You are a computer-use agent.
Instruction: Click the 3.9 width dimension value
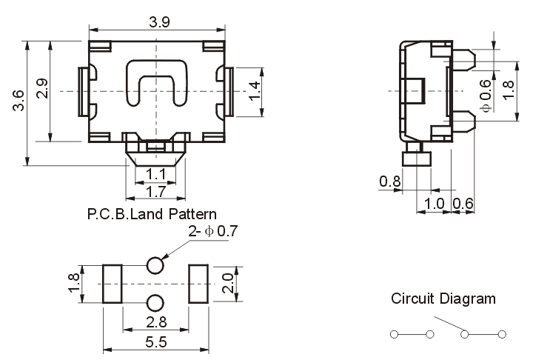click(158, 21)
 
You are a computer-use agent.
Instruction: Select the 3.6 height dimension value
click(19, 100)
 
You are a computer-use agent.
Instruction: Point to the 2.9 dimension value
click(41, 89)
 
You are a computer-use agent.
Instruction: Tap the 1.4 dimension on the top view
click(255, 90)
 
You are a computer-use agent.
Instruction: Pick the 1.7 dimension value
click(155, 192)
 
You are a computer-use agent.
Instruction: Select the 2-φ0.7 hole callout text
click(212, 232)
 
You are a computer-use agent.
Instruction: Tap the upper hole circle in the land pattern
click(155, 265)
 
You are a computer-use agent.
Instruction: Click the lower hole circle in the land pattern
click(155, 302)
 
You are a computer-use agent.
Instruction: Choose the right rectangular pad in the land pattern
click(198, 284)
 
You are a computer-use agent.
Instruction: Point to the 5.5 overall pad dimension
click(155, 343)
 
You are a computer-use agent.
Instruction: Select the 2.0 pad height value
click(228, 282)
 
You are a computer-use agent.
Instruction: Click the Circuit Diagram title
click(443, 299)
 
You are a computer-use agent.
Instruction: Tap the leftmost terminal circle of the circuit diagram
click(394, 334)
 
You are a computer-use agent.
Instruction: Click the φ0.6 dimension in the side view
click(486, 95)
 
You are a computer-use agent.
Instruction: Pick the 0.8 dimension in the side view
click(389, 181)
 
